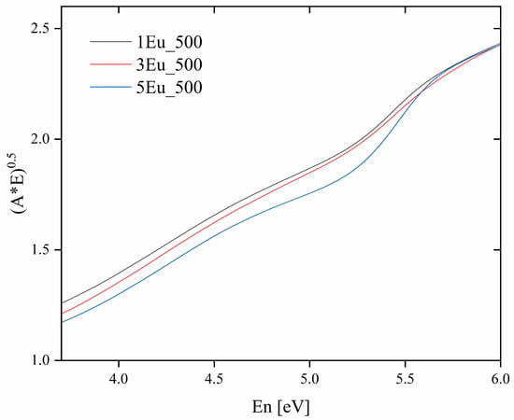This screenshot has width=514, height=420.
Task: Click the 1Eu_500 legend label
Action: click(x=169, y=43)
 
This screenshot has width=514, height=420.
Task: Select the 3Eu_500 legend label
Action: click(x=169, y=65)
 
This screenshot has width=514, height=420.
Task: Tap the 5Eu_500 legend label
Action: click(x=169, y=88)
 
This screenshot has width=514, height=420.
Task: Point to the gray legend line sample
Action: click(x=110, y=42)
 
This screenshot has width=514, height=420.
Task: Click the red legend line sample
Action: click(x=110, y=64)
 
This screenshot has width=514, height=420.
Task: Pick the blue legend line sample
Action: click(x=110, y=87)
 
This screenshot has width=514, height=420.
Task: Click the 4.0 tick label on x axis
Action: click(x=119, y=379)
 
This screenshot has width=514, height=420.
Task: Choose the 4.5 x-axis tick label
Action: click(x=214, y=379)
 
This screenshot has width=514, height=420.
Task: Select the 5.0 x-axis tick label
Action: click(x=309, y=379)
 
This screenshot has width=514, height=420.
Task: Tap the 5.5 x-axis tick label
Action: click(x=406, y=379)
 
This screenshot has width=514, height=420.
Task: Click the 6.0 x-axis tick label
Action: click(x=501, y=379)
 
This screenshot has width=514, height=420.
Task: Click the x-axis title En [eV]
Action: click(x=280, y=408)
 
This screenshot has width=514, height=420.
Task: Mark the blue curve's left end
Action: click(x=62, y=322)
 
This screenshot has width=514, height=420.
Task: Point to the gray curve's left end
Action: click(x=62, y=303)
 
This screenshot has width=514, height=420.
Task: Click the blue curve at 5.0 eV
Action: click(x=309, y=193)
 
